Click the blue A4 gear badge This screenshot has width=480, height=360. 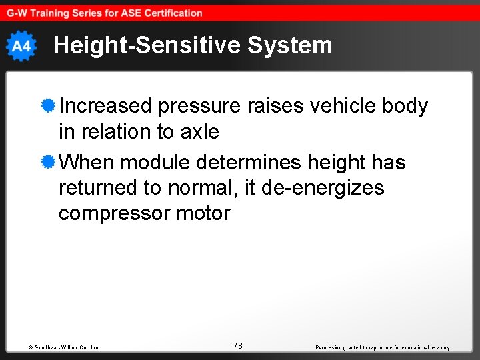(x=21, y=46)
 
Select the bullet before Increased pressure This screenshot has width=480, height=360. (x=47, y=105)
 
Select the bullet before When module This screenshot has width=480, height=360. (x=47, y=162)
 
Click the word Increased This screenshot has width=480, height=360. (x=106, y=106)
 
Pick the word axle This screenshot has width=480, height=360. (x=199, y=132)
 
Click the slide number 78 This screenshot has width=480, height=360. (x=238, y=345)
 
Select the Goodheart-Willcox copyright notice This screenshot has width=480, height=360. (x=64, y=347)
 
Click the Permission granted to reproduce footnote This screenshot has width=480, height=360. (x=383, y=347)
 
